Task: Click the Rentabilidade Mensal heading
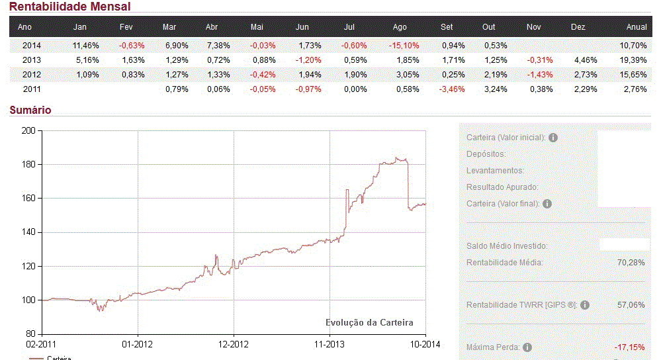pos(70,7)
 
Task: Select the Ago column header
pos(400,27)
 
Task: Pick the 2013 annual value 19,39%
pos(634,60)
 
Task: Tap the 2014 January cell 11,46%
pos(86,46)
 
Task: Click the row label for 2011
pos(32,89)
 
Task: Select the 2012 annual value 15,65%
pos(634,75)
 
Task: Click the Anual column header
pos(637,27)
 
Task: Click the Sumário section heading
pos(30,111)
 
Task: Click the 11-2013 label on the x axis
pos(330,345)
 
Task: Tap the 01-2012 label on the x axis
pos(138,345)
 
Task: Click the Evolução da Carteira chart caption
pos(369,322)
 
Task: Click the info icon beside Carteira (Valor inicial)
pos(553,138)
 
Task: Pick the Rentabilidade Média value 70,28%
pos(631,263)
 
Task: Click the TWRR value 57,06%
pos(631,305)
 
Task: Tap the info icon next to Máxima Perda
pos(527,347)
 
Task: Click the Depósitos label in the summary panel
pos(486,154)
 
